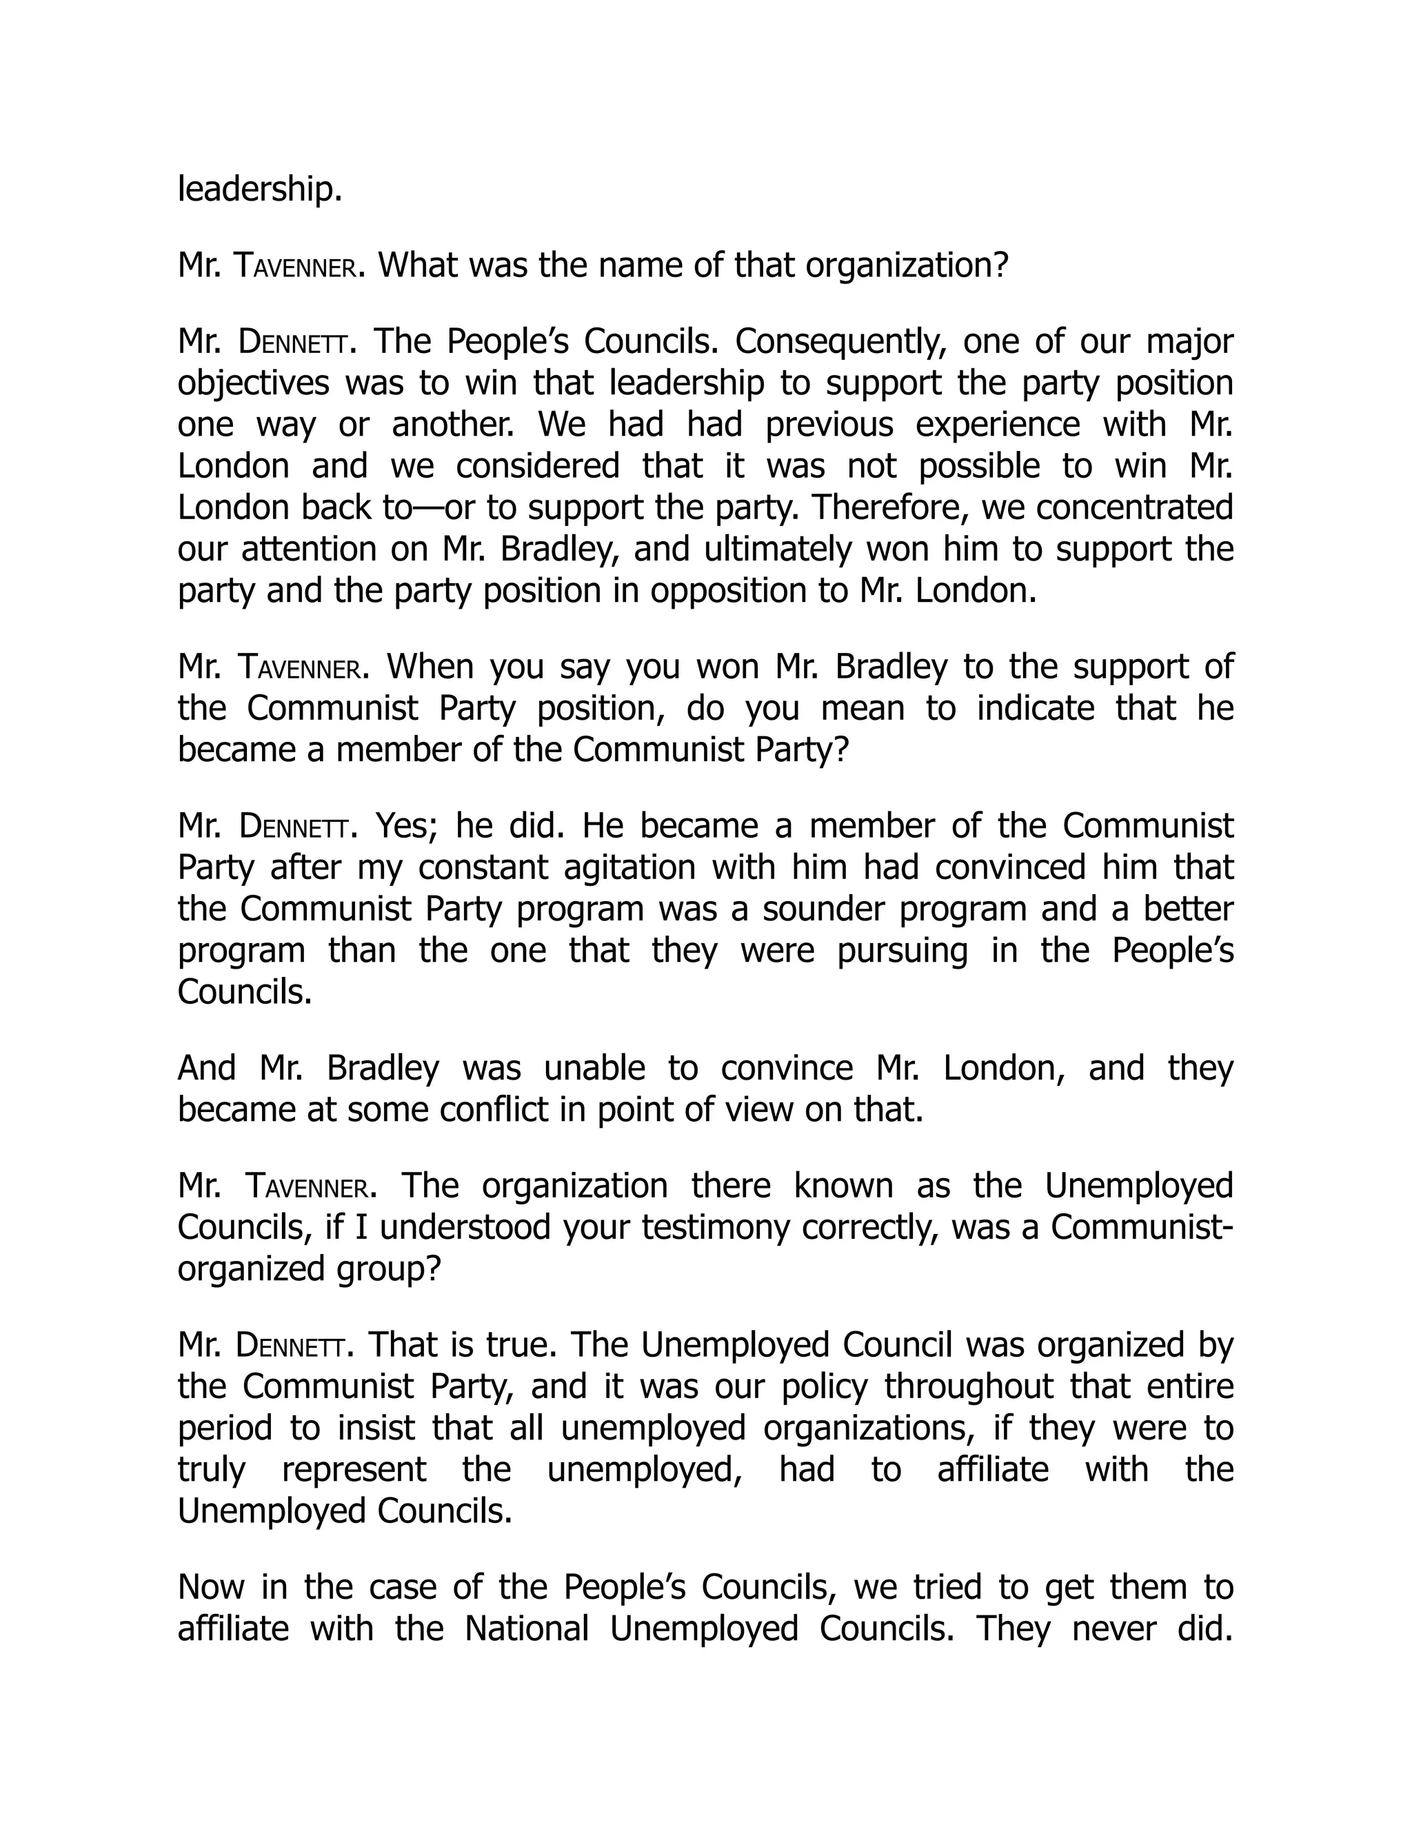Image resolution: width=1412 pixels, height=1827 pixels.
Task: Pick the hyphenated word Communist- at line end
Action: pyautogui.click(x=1142, y=1227)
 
